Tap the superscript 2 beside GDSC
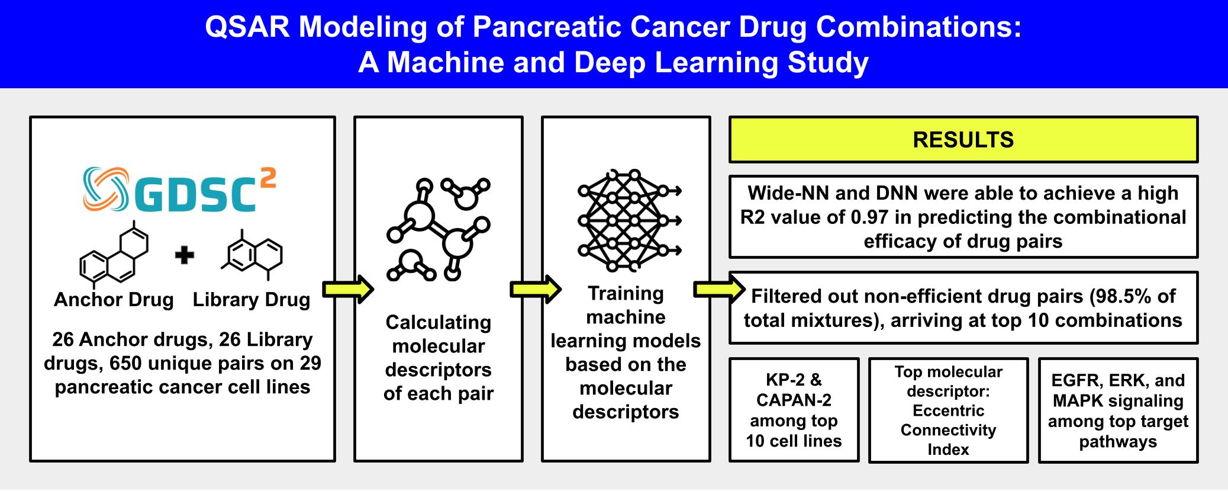point(267,179)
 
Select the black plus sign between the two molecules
point(185,255)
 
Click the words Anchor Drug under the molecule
point(114,300)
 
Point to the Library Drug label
point(252,300)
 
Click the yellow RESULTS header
point(963,140)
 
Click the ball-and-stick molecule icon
point(439,229)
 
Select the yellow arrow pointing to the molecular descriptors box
point(348,289)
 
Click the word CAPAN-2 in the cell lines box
point(794,400)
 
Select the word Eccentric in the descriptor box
point(948,410)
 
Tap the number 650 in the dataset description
point(127,363)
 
